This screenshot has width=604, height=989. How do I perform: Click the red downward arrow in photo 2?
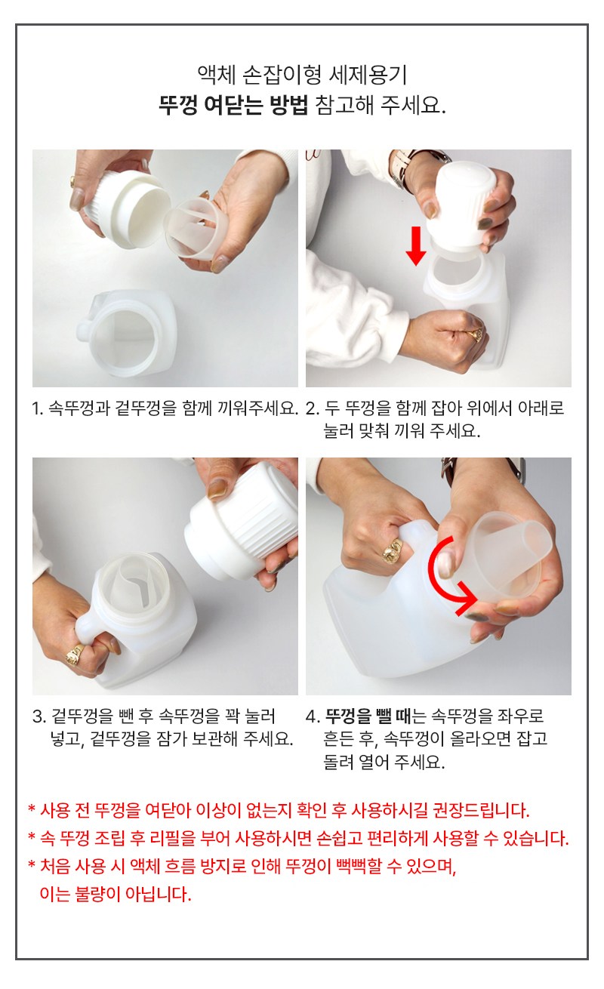(x=415, y=245)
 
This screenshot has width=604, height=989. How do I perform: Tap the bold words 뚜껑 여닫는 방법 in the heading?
(x=233, y=106)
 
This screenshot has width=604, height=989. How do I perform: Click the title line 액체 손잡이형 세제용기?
(x=302, y=75)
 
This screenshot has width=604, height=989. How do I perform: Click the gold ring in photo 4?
(x=393, y=550)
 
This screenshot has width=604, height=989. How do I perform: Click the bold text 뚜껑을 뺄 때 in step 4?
(x=368, y=716)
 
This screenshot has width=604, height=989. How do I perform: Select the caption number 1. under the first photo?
(x=38, y=408)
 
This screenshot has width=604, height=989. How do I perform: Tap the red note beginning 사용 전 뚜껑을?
(x=278, y=810)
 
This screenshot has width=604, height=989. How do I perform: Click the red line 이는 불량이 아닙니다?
(x=116, y=894)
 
